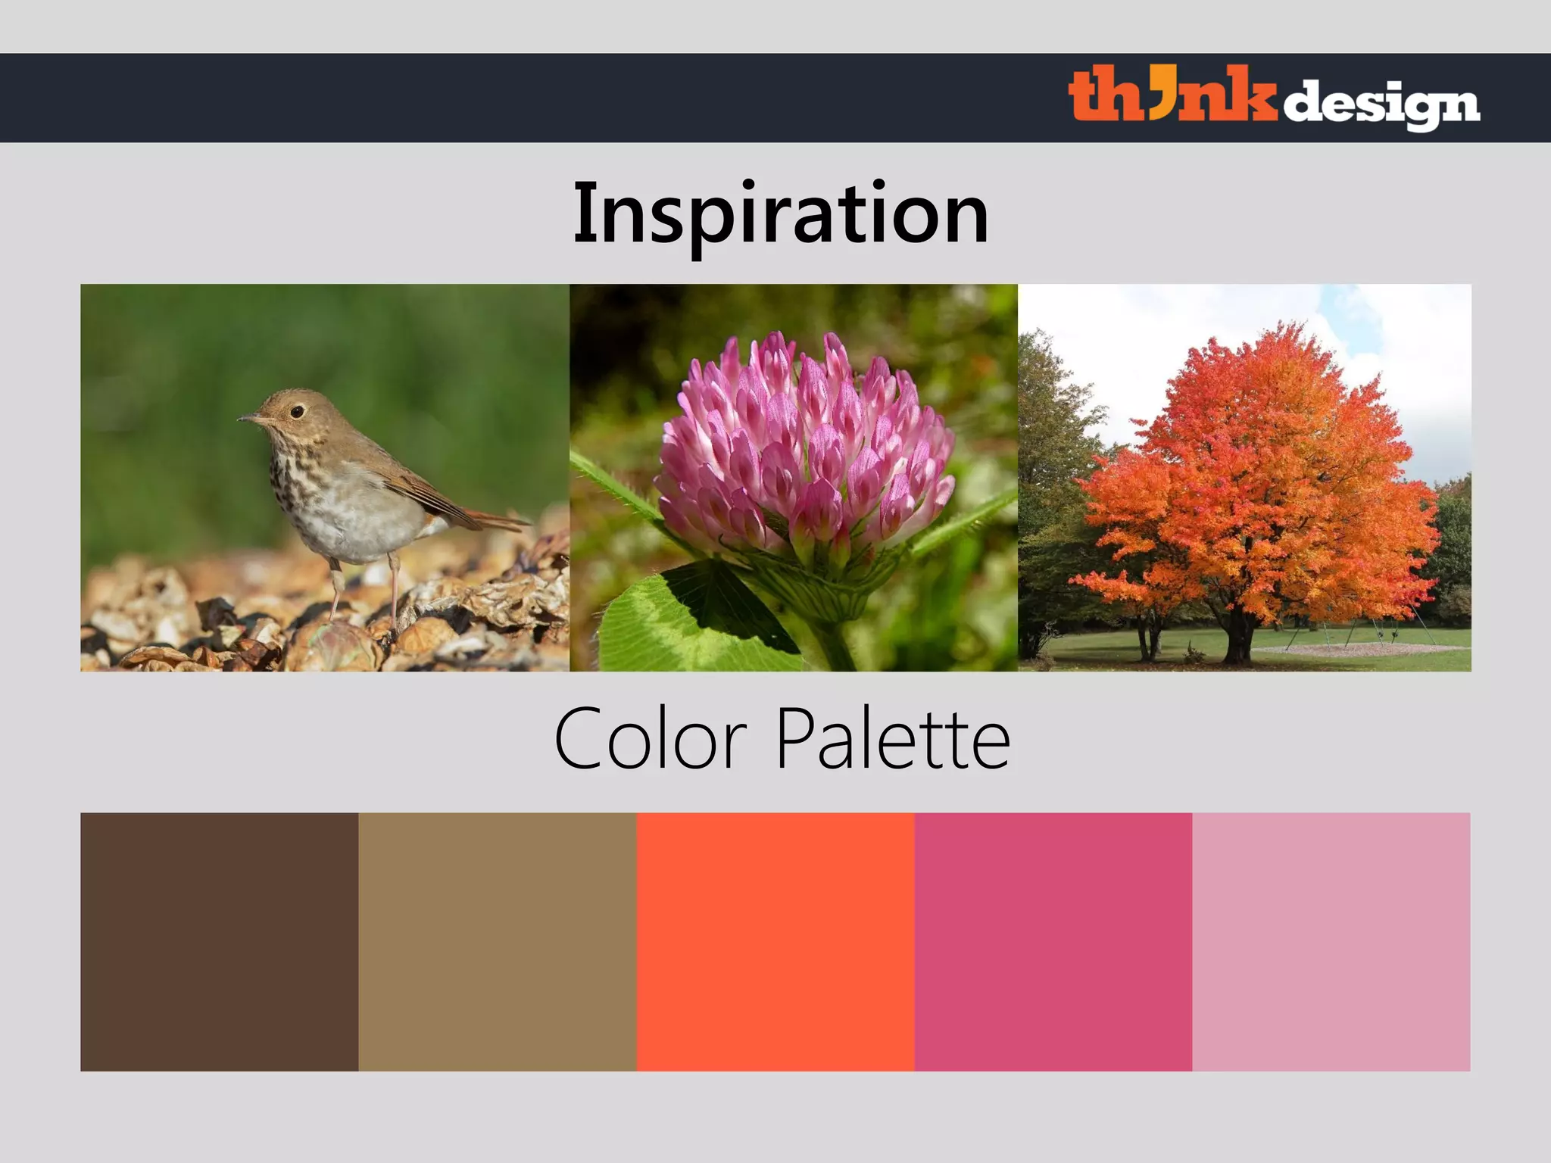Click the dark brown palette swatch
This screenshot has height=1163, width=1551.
pos(219,941)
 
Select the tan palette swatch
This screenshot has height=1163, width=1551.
pos(497,941)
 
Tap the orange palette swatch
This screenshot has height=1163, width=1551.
pos(775,941)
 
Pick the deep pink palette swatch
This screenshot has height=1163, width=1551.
pos(1053,941)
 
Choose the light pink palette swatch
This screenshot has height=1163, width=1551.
pos(1331,941)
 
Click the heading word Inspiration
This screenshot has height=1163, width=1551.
pos(781,214)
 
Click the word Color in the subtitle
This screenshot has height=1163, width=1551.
pos(651,738)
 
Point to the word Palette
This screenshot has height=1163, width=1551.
pos(893,738)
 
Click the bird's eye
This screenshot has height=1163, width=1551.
pos(297,411)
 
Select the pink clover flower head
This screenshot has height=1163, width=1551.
pos(803,447)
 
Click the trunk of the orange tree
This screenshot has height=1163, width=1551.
pos(1238,636)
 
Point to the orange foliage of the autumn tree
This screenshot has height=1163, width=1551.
pos(1257,469)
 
